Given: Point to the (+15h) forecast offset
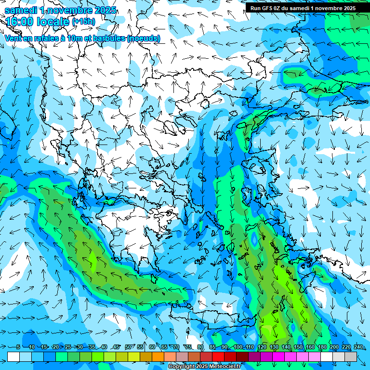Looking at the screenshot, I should (x=83, y=22).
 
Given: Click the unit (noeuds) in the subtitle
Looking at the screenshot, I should (x=143, y=38).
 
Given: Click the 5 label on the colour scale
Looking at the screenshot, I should (x=18, y=347).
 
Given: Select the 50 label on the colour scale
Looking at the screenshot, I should (x=128, y=347).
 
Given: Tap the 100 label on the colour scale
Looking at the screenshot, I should (x=238, y=347).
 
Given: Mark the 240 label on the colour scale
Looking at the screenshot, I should (x=358, y=347).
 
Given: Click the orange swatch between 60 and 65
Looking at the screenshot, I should (x=158, y=357).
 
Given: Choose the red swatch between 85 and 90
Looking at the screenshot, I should (x=218, y=357).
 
